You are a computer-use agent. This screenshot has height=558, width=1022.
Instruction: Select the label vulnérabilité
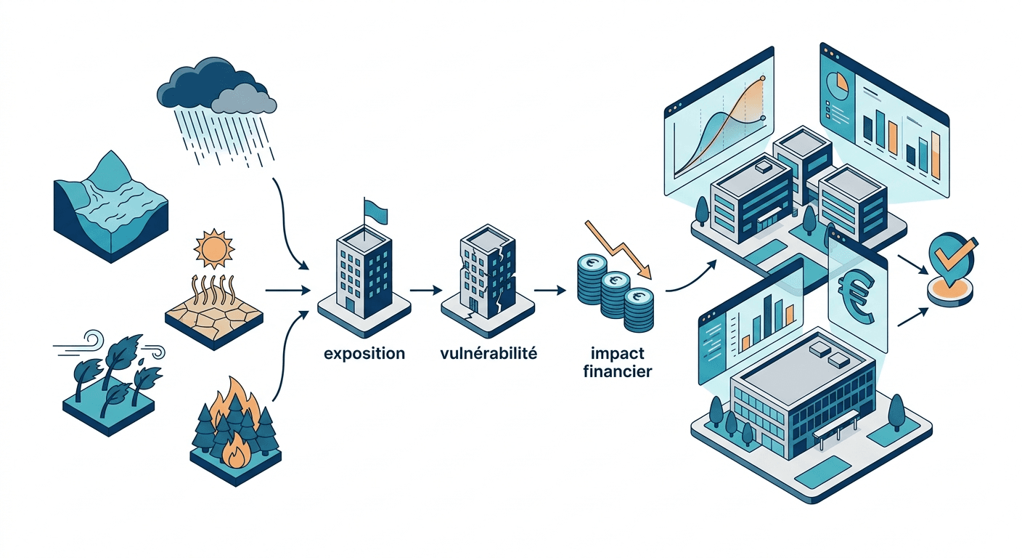point(488,355)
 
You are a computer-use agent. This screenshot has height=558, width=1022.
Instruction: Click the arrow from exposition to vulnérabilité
point(425,291)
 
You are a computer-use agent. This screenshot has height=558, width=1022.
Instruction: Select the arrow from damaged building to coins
point(549,291)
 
